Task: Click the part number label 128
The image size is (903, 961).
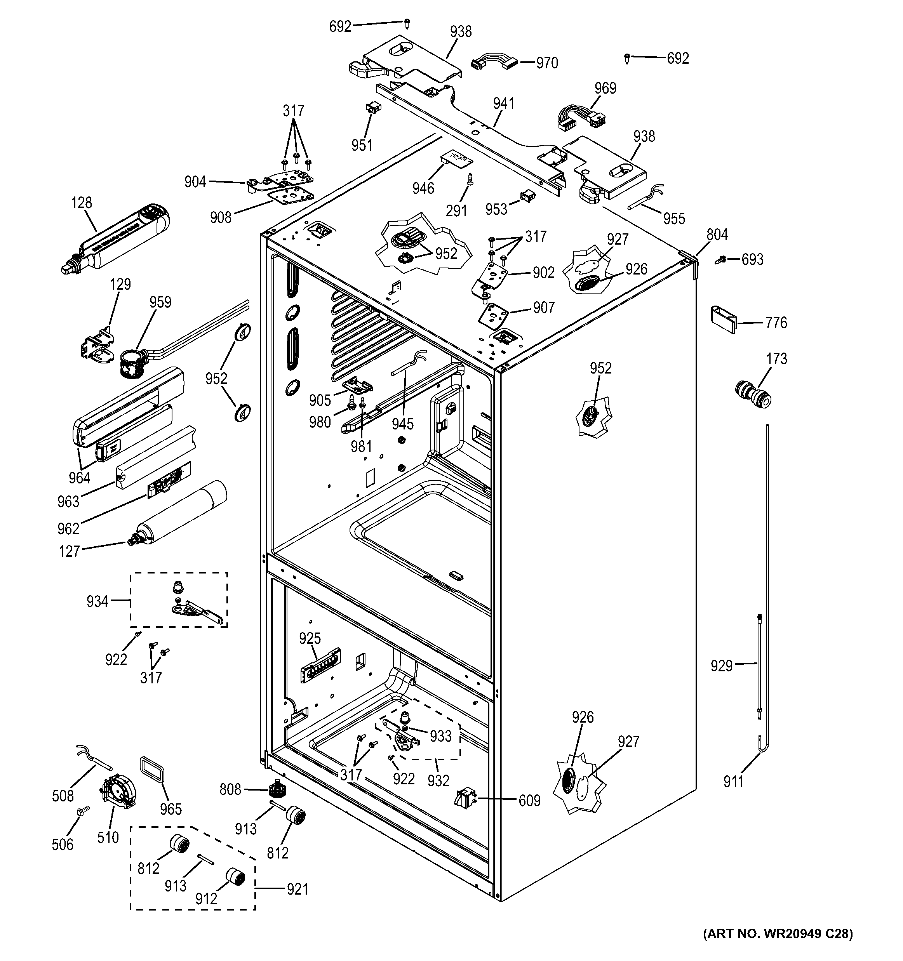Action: (81, 203)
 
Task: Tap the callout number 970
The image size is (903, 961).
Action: (547, 63)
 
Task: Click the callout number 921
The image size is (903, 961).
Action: (297, 889)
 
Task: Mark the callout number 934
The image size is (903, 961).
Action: (97, 601)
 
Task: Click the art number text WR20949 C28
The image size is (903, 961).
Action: (778, 947)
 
